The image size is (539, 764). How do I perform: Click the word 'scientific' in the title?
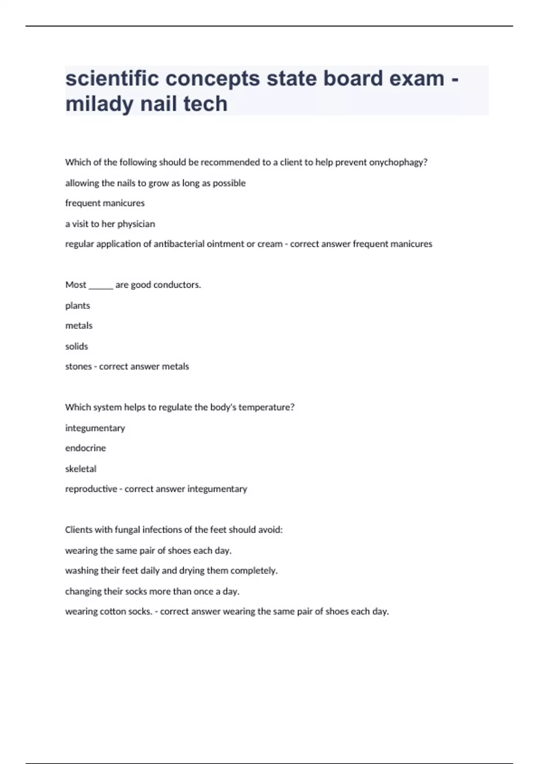coord(112,79)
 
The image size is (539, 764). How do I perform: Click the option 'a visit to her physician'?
coord(110,224)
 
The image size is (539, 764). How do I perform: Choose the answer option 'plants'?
coord(78,306)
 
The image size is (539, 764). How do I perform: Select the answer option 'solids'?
coord(77,346)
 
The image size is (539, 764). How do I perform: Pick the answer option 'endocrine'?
coord(85,448)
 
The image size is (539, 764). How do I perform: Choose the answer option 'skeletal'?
coord(81,469)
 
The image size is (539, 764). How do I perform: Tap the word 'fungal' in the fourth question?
coord(127,530)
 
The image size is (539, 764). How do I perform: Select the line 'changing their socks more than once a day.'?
coord(152,591)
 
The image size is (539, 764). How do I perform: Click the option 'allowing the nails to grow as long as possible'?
coord(155,183)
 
